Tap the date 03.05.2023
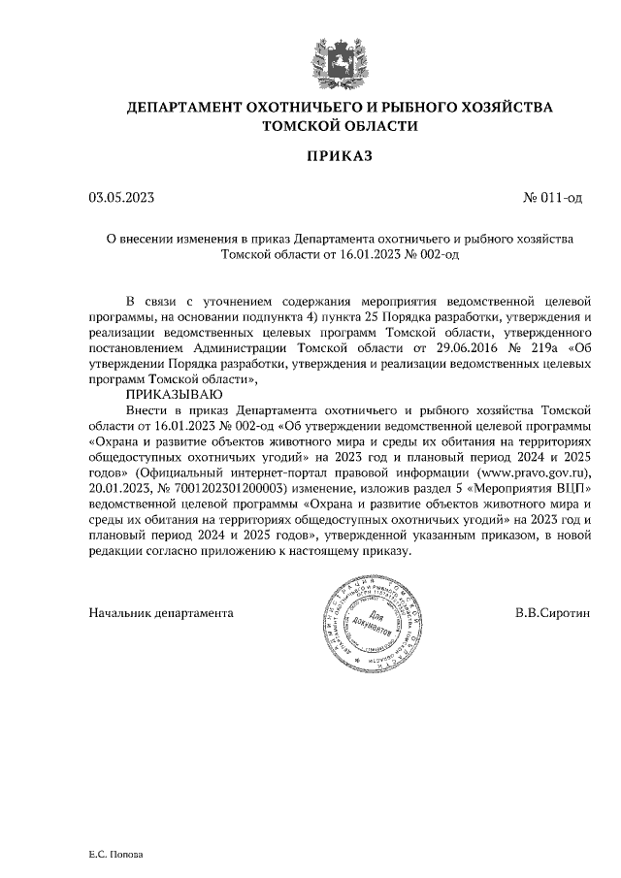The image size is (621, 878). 121,198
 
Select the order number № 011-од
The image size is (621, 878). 552,198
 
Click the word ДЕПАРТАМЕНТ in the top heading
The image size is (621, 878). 188,108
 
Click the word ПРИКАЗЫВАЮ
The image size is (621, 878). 174,396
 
